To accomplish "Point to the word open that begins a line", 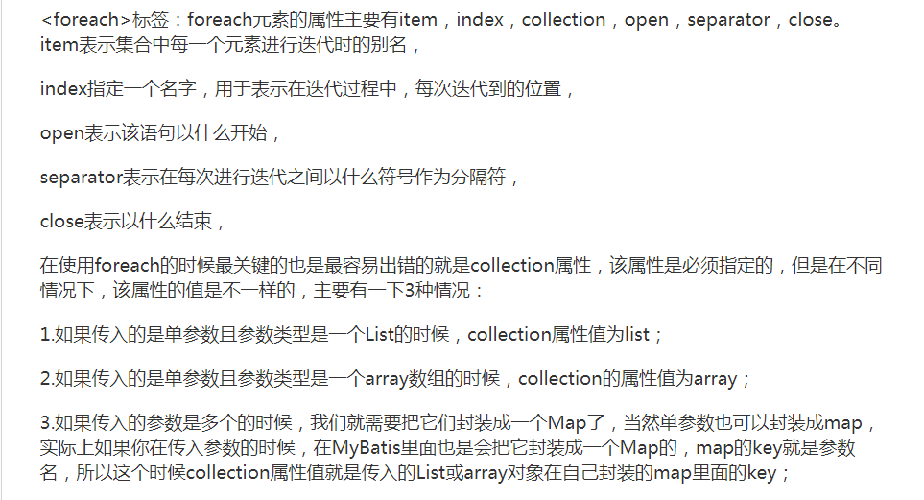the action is point(62,133).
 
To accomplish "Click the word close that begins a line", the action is point(61,222).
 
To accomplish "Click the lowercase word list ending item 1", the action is point(637,335).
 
